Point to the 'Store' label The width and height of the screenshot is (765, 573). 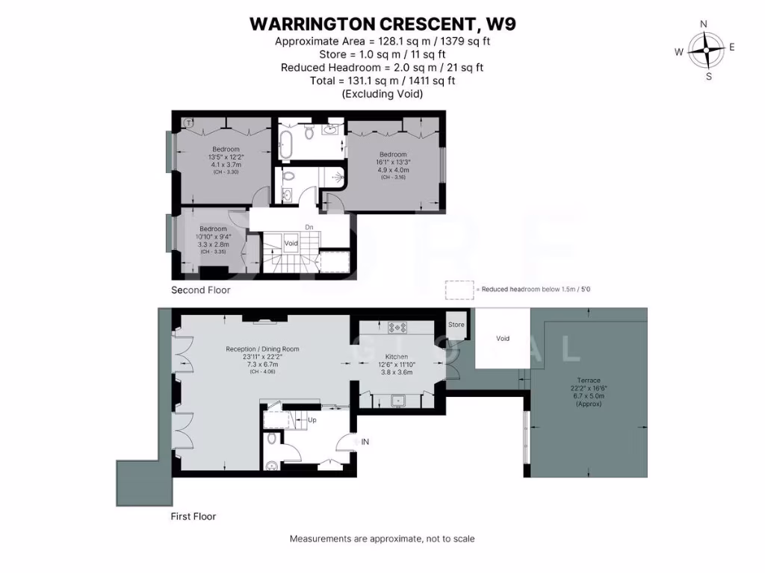click(x=456, y=325)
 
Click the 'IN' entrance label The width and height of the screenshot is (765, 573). click(x=365, y=442)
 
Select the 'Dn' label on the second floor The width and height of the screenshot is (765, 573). click(x=309, y=228)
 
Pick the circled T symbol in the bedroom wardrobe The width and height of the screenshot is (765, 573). click(x=190, y=122)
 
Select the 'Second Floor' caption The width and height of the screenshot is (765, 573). click(x=201, y=289)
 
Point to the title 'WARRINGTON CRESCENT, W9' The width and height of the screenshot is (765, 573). click(x=382, y=24)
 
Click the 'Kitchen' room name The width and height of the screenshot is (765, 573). click(x=397, y=357)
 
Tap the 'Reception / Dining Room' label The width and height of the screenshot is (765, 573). click(x=262, y=348)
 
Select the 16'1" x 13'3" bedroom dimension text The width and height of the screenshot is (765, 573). click(x=393, y=162)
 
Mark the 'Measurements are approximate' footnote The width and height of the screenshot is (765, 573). click(x=382, y=539)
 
